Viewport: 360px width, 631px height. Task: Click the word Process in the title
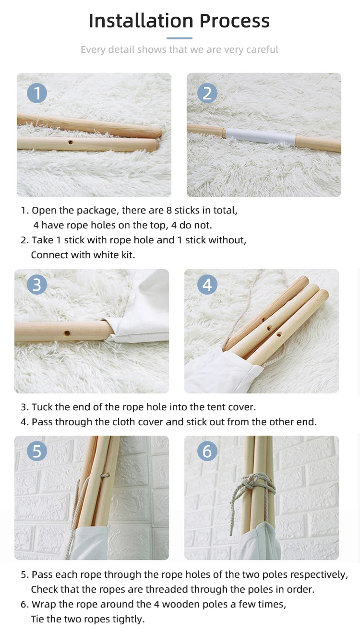pos(235,21)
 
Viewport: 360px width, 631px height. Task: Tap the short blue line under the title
pos(180,38)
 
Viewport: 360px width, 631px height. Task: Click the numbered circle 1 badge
pos(37,93)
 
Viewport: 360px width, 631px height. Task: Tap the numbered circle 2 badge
pos(207,93)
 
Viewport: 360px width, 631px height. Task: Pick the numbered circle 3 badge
pos(37,285)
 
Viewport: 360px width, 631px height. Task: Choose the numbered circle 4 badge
pos(207,285)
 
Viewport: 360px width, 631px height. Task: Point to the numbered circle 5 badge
pos(37,451)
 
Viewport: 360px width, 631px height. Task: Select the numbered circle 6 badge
pos(207,451)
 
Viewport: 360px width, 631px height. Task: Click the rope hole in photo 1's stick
pos(71,143)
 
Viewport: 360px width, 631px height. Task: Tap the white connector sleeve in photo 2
pos(260,137)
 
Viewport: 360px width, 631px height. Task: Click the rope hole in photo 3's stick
pos(67,333)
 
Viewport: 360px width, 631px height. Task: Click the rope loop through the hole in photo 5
pos(105,476)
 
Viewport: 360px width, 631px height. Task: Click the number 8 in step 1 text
pos(169,211)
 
